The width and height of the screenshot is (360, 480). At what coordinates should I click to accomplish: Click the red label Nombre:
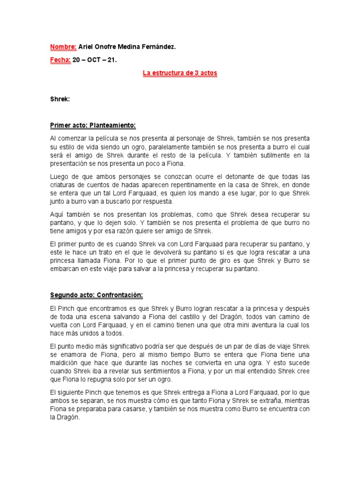pyautogui.click(x=63, y=47)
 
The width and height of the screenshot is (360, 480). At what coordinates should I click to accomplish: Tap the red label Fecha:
pyautogui.click(x=60, y=60)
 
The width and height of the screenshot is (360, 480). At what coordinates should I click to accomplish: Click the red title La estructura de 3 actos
pyautogui.click(x=180, y=74)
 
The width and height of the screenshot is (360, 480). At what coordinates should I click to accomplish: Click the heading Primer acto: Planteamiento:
pyautogui.click(x=93, y=126)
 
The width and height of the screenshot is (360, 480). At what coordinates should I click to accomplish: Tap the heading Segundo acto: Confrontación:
pyautogui.click(x=96, y=295)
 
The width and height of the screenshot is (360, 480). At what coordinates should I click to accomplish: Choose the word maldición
pyautogui.click(x=66, y=363)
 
